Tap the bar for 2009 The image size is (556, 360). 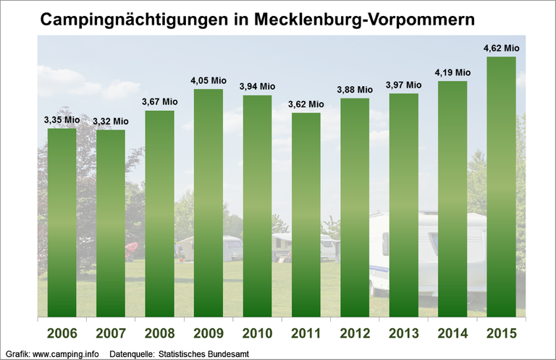click(208, 203)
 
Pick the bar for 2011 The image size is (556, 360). click(306, 214)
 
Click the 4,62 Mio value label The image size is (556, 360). click(501, 49)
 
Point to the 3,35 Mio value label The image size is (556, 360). click(62, 120)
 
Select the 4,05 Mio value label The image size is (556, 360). click(208, 81)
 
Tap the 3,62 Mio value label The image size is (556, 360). click(306, 104)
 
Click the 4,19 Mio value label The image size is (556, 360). click(452, 72)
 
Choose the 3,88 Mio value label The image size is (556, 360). click(355, 90)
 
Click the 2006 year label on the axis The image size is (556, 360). click(62, 335)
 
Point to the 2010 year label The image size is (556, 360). click(257, 335)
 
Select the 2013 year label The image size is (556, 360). click(403, 335)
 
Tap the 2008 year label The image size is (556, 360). click(159, 335)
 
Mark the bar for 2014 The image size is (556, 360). click(452, 198)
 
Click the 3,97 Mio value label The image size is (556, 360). click(403, 85)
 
